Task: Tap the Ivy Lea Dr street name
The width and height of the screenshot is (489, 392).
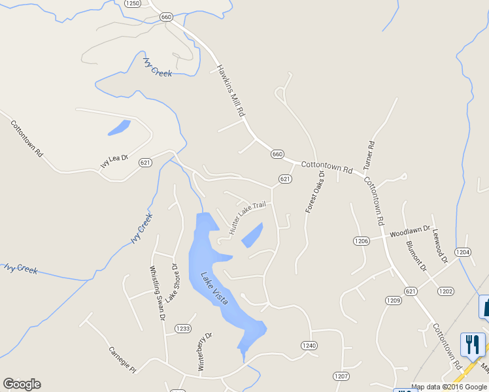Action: (x=114, y=161)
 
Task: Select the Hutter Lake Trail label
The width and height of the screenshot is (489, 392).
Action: (x=248, y=218)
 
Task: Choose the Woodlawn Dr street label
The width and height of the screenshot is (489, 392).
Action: (x=410, y=231)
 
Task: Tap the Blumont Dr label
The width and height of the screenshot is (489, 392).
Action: (x=416, y=255)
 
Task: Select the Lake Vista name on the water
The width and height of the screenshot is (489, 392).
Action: (x=214, y=288)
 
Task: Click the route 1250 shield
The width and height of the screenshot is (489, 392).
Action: (x=133, y=3)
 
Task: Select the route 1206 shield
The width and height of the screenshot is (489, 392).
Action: (x=362, y=241)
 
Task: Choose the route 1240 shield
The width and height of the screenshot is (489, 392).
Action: (x=309, y=345)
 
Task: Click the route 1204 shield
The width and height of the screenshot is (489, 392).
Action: (x=463, y=252)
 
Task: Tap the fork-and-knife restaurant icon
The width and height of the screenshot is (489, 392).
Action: (x=473, y=344)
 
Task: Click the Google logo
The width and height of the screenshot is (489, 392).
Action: (x=22, y=384)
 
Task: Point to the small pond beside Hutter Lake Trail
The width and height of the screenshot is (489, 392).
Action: (x=252, y=235)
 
